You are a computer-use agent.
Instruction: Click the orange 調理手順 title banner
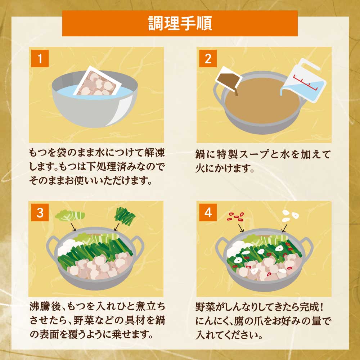coord(180,23)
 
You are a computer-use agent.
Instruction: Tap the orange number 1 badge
coord(40,59)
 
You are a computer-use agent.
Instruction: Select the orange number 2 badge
coord(208,59)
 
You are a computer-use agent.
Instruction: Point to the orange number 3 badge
coord(40,213)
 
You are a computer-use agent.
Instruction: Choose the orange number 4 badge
coord(208,213)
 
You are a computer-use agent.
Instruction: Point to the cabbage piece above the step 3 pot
coord(70,216)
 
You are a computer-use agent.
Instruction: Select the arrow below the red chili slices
coord(242,227)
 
